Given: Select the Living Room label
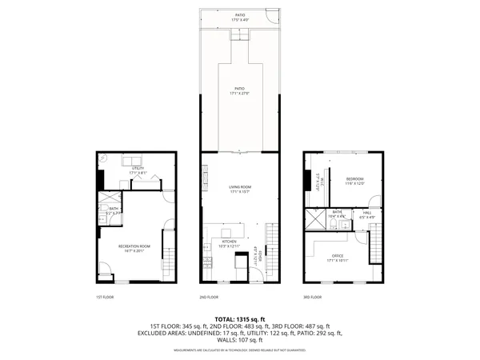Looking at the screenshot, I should click(x=240, y=189).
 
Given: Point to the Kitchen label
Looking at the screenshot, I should click(x=229, y=243).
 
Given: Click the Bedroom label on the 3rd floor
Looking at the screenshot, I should click(x=355, y=181).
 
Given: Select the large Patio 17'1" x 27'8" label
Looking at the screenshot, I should click(x=240, y=91).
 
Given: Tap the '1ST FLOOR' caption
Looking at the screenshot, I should click(x=106, y=298).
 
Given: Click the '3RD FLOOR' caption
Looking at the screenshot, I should click(x=313, y=298).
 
